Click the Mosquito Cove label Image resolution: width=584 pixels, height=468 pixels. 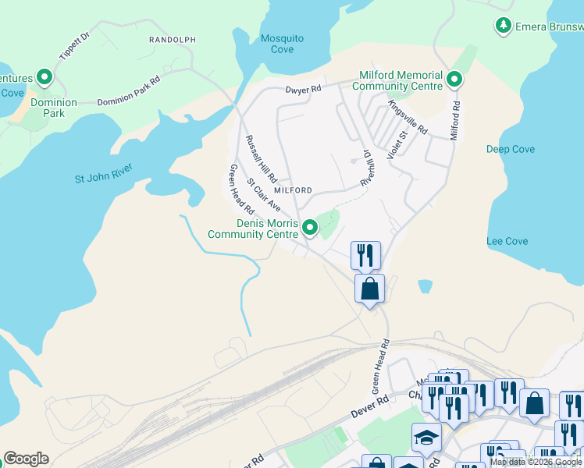click(282, 44)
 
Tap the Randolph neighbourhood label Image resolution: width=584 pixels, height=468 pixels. click(173, 39)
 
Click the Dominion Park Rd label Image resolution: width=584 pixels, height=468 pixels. click(129, 91)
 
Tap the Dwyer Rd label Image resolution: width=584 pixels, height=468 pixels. click(303, 90)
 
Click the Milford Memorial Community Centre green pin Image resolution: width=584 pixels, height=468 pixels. click(454, 78)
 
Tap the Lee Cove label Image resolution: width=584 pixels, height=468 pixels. click(507, 241)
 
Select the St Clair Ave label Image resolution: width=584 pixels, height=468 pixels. click(264, 194)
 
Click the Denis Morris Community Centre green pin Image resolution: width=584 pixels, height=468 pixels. click(310, 228)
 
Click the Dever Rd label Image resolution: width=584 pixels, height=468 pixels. click(370, 407)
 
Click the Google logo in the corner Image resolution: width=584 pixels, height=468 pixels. click(26, 459)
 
